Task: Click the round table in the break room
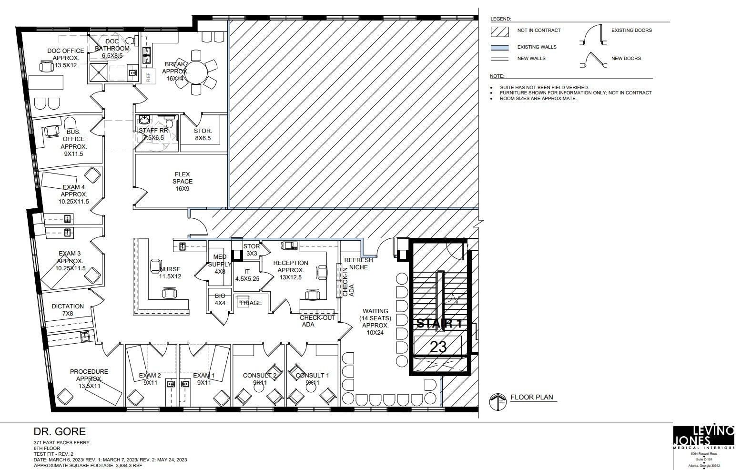(x=196, y=72)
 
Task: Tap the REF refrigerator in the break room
(x=148, y=76)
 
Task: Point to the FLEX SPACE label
(x=183, y=181)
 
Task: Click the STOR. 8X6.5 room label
(x=203, y=134)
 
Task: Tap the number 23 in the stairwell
(x=438, y=347)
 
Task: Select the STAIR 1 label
(x=439, y=324)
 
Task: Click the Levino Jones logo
(x=703, y=437)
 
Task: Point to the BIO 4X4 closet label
(x=220, y=299)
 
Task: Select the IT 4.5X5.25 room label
(x=247, y=275)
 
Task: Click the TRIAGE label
(x=251, y=303)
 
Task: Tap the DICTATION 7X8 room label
(x=68, y=310)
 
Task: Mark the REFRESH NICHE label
(x=358, y=264)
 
